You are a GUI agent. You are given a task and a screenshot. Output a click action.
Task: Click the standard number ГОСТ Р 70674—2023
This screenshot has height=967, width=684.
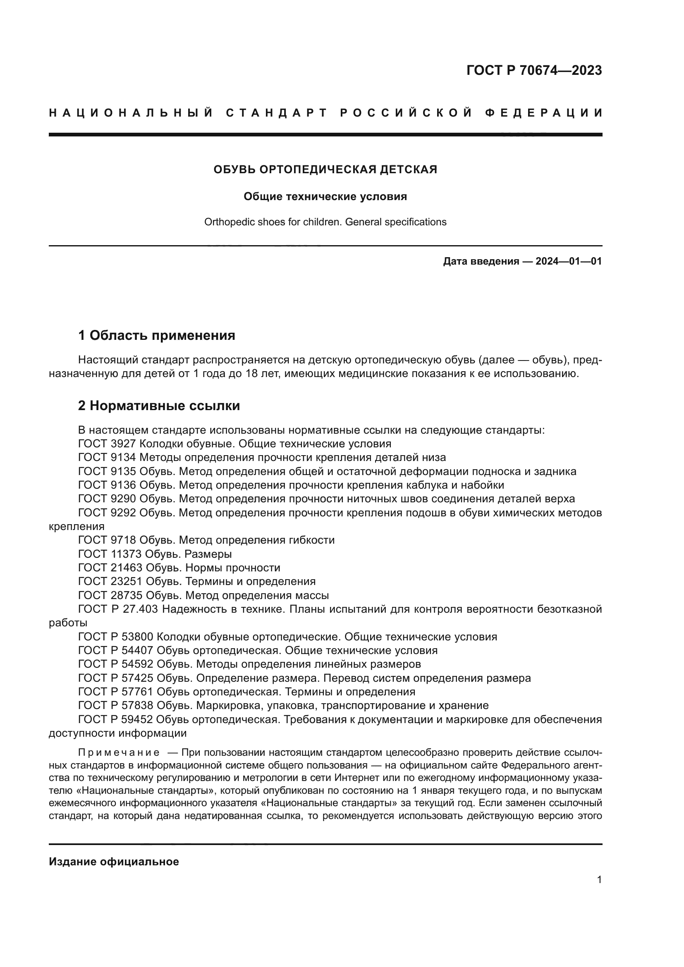point(533,70)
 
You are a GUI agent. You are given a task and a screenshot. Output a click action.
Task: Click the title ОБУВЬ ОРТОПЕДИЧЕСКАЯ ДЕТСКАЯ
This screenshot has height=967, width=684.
point(325,170)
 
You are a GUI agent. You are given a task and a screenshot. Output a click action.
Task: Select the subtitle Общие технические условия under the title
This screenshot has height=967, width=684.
point(325,197)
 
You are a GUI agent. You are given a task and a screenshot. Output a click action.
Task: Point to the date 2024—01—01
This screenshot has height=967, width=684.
point(568,262)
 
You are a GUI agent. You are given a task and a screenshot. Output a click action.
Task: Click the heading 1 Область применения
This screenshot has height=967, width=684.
point(156,336)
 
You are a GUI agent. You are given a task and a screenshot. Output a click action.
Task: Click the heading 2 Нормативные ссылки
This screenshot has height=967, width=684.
point(159,406)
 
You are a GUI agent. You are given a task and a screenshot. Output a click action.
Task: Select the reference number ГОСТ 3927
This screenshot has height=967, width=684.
point(107,444)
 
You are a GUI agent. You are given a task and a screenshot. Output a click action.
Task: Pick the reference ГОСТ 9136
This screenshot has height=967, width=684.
point(107,485)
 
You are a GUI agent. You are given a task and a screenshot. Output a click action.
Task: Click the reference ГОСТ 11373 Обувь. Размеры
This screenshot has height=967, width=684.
point(155,554)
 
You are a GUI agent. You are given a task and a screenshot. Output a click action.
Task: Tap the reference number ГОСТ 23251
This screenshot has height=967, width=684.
point(110,582)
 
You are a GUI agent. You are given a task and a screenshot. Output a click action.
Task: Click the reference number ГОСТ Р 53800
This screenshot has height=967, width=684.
point(115,637)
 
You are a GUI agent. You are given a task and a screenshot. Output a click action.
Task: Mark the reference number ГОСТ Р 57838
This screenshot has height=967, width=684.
point(115,705)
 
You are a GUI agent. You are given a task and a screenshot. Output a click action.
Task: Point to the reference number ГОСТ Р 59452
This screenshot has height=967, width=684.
point(115,719)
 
